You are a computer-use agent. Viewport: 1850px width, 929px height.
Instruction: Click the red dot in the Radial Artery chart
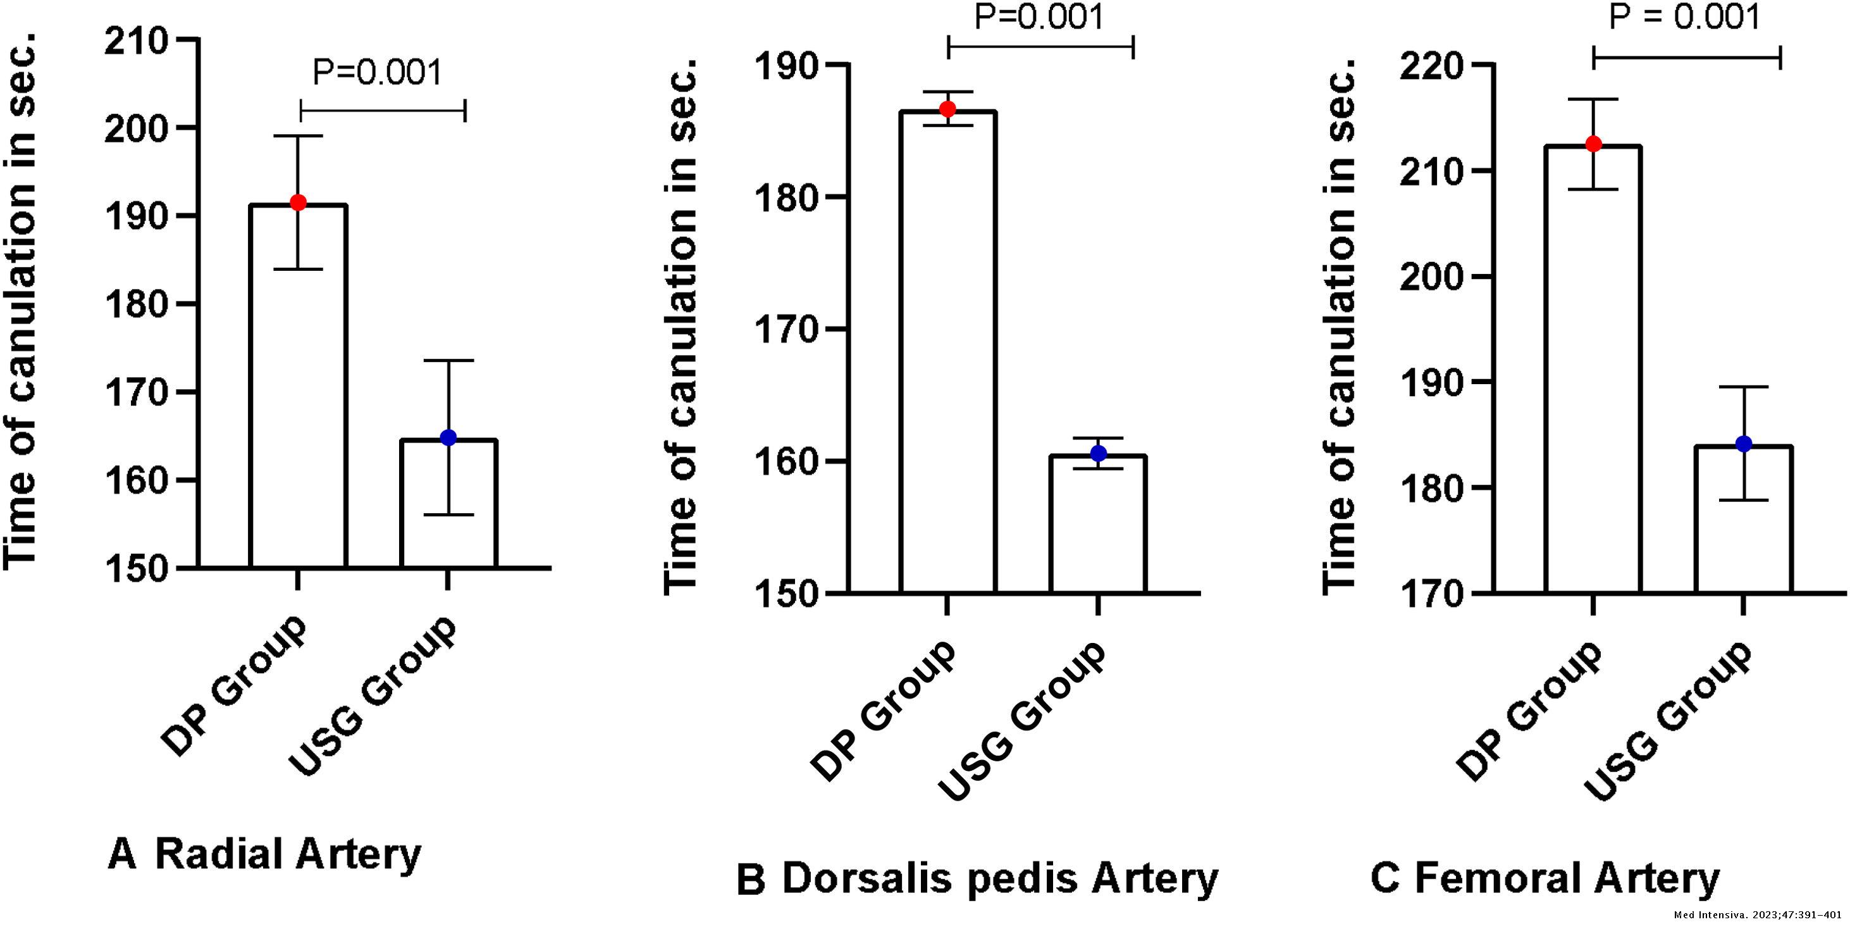[x=298, y=203]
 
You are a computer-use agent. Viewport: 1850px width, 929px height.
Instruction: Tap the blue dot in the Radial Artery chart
[x=448, y=437]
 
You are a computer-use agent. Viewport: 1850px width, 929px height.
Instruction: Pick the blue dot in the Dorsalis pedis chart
[x=1098, y=453]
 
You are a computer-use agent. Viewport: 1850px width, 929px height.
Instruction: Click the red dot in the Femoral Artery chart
[x=1594, y=144]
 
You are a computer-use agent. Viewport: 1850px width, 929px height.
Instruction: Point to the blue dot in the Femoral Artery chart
[x=1744, y=444]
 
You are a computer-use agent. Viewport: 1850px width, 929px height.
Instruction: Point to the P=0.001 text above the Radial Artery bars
[x=377, y=73]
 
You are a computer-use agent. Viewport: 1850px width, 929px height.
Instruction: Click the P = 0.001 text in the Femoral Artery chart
[x=1684, y=17]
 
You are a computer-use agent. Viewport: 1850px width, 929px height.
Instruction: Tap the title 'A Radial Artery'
[x=264, y=854]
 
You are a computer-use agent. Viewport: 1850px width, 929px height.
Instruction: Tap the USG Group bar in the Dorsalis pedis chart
[x=1097, y=525]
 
